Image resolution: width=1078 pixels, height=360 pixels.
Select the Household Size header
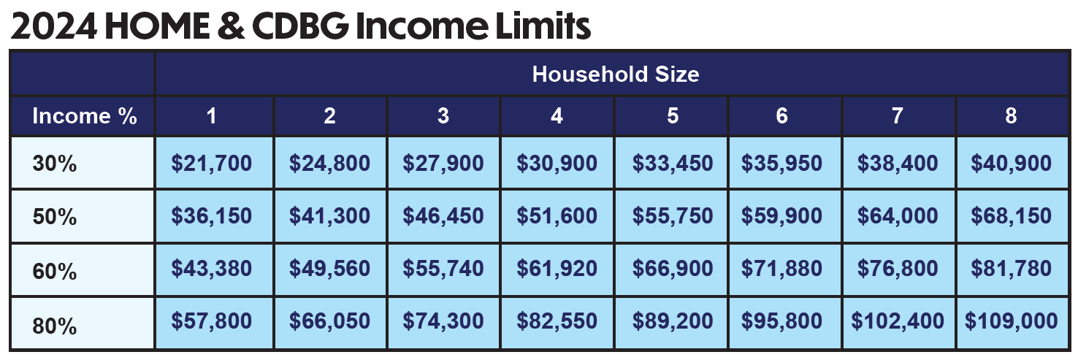pyautogui.click(x=616, y=74)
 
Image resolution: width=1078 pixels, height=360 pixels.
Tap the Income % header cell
pyautogui.click(x=84, y=116)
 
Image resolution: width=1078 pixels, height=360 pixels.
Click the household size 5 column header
pyautogui.click(x=673, y=116)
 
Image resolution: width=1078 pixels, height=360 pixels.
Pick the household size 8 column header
pyautogui.click(x=1011, y=116)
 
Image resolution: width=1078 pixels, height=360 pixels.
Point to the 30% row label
pyautogui.click(x=55, y=164)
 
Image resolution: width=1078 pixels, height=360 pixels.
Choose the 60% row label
pyautogui.click(x=55, y=272)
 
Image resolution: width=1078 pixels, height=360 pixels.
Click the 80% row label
pyautogui.click(x=55, y=325)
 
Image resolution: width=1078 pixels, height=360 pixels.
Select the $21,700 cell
pyautogui.click(x=212, y=164)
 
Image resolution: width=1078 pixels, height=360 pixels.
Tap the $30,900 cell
pyautogui.click(x=557, y=164)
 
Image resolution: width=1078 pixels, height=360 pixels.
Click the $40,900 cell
pyautogui.click(x=1011, y=164)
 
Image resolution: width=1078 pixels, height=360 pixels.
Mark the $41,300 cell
pyautogui.click(x=329, y=216)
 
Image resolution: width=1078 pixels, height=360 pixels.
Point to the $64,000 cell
pyautogui.click(x=898, y=216)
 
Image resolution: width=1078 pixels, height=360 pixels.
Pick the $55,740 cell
pyautogui.click(x=443, y=269)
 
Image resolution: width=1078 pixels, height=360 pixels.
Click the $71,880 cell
pyautogui.click(x=782, y=269)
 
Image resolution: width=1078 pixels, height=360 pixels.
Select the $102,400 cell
pyautogui.click(x=898, y=321)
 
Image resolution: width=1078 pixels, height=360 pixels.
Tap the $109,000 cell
pyautogui.click(x=1011, y=321)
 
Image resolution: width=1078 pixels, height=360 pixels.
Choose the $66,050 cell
pyautogui.click(x=329, y=321)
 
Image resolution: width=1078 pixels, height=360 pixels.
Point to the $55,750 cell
pyautogui.click(x=673, y=216)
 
